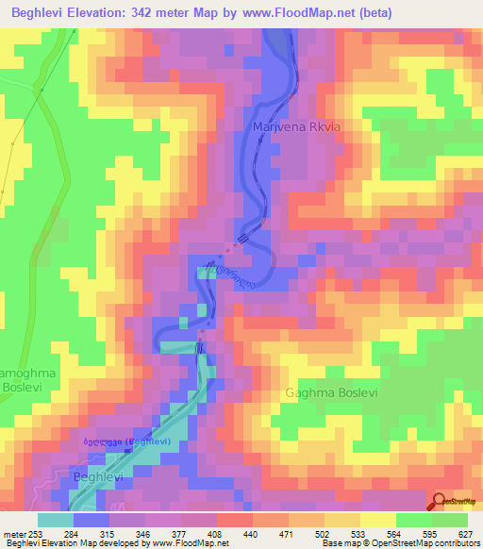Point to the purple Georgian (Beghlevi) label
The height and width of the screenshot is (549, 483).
click(125, 441)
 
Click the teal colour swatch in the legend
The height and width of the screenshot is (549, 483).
click(56, 519)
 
